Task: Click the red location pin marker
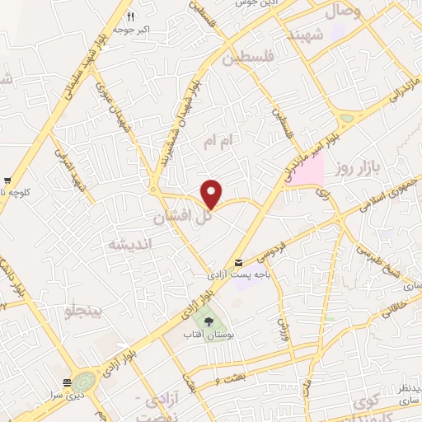point(213,193)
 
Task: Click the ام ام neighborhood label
point(223,143)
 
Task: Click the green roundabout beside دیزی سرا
point(83,383)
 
